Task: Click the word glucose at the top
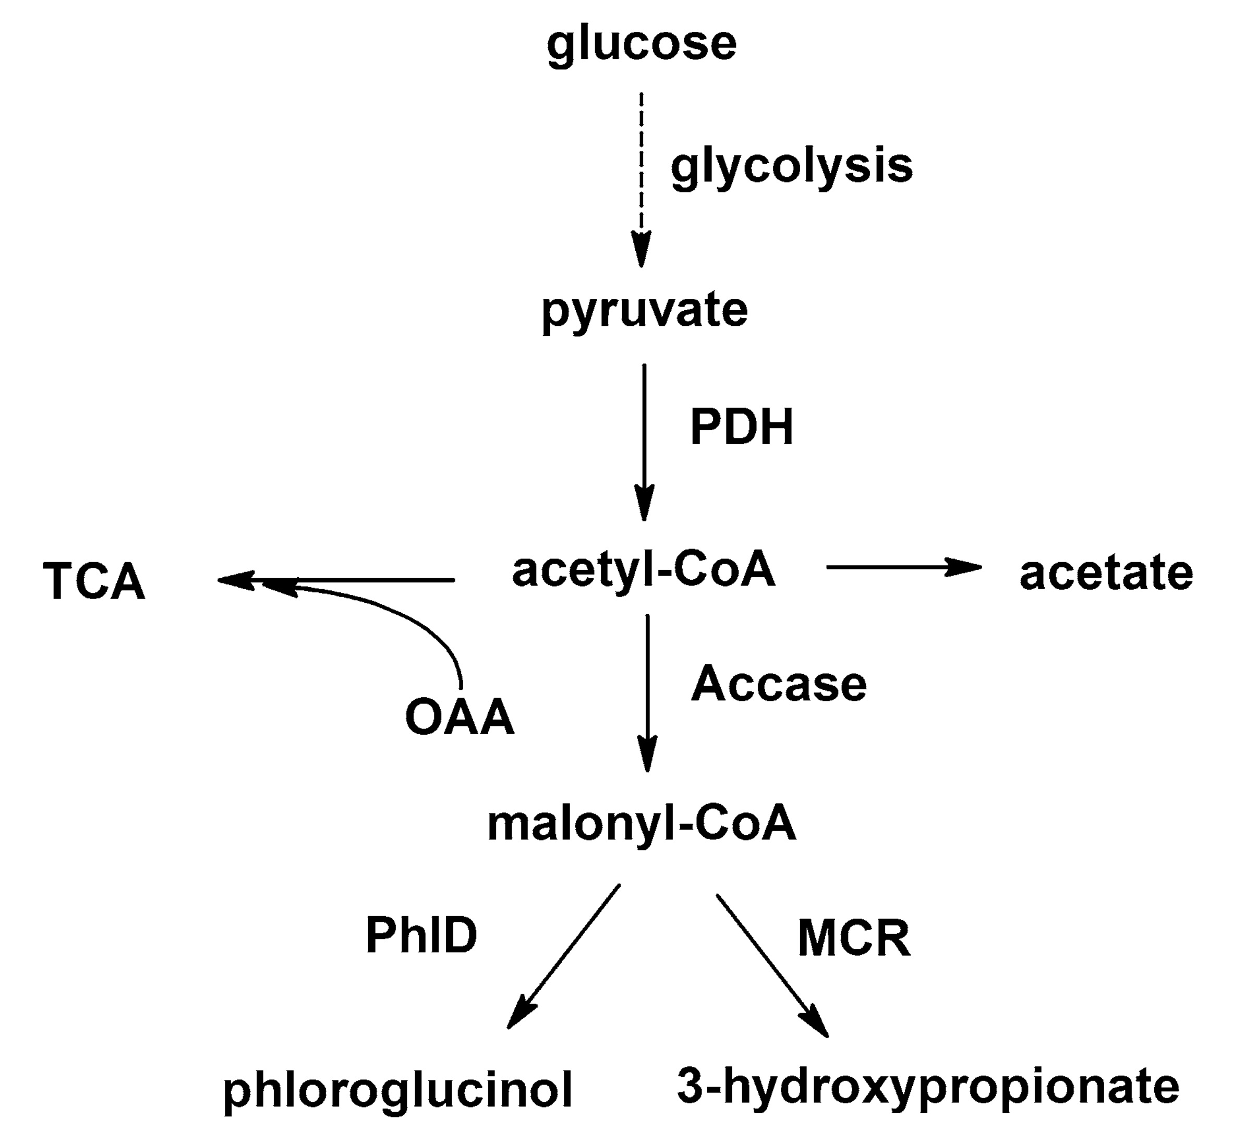(642, 44)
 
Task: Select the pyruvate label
(645, 311)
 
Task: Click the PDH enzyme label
(741, 427)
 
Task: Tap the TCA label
(94, 582)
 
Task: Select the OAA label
(460, 717)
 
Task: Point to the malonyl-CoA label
(642, 824)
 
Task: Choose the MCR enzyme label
(854, 939)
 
